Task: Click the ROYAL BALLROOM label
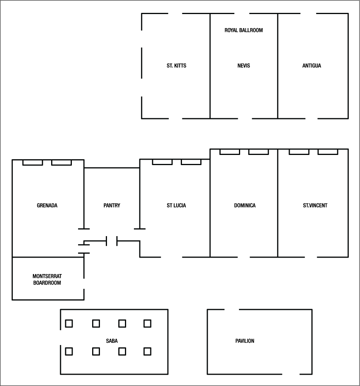[x=243, y=30]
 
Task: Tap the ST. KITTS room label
[x=176, y=66]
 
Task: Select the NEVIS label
[x=244, y=66]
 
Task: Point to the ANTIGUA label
[x=312, y=66]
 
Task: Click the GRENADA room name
[x=47, y=206]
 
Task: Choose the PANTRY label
[x=112, y=206]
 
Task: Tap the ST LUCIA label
[x=176, y=206]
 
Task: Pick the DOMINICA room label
[x=245, y=206]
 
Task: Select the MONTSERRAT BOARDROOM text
[x=47, y=279]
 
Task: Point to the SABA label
[x=112, y=341]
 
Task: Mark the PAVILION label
[x=245, y=341]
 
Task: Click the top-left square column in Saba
[x=69, y=324]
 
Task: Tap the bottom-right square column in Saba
[x=147, y=352]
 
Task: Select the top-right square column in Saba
[x=147, y=324]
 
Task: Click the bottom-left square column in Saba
[x=69, y=352]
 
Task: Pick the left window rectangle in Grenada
[x=32, y=162]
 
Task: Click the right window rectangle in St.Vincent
[x=328, y=152]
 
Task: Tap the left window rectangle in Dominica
[x=230, y=152]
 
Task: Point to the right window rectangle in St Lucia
[x=191, y=162]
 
